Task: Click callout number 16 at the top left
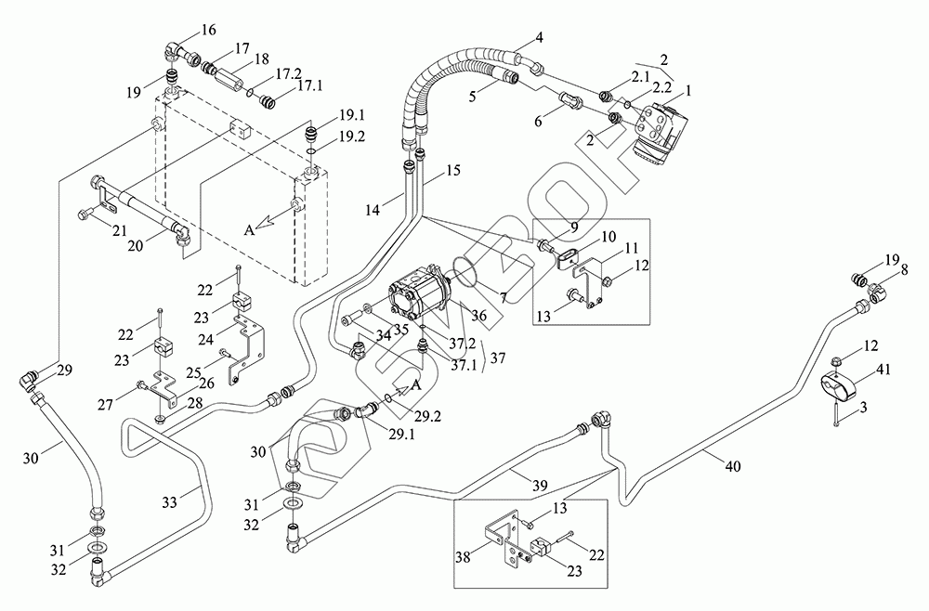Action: pos(208,31)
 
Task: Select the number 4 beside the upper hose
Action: pos(538,40)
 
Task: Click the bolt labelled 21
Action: pos(85,216)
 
